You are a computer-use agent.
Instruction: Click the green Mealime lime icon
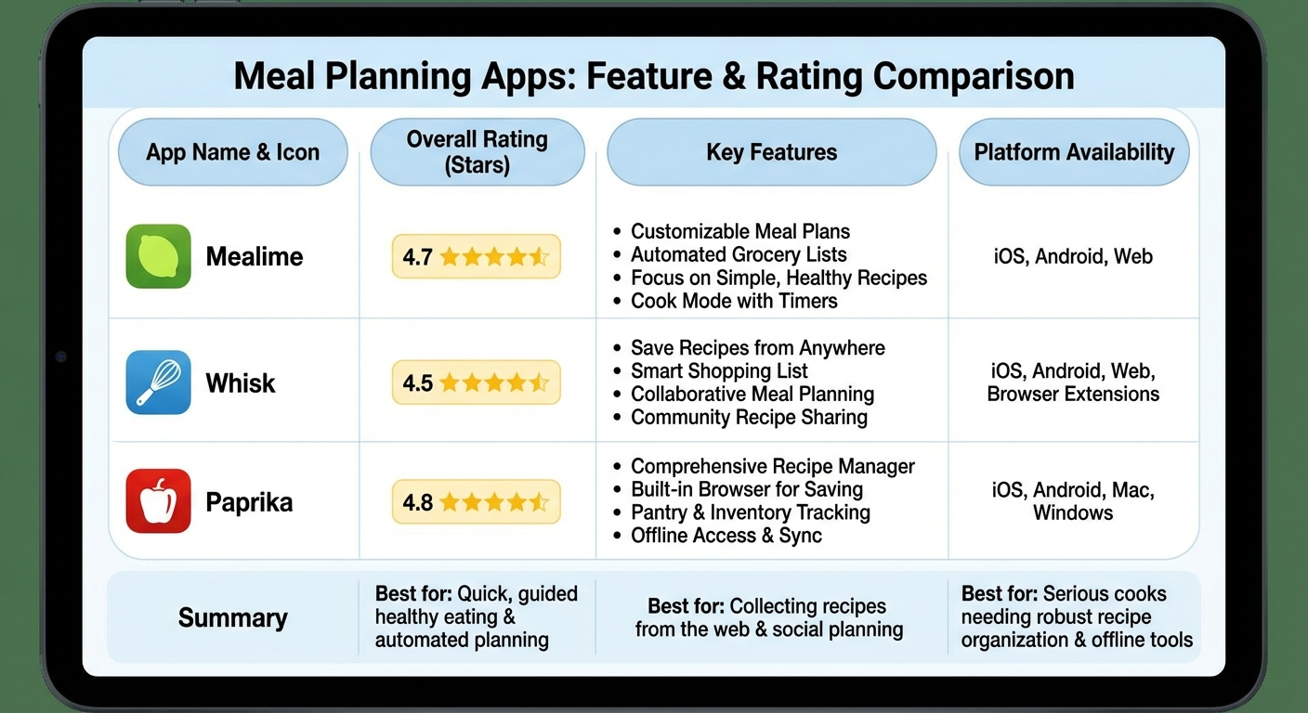coord(158,256)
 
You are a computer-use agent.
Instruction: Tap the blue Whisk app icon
coord(158,382)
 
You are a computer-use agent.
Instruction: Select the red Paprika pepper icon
coord(158,501)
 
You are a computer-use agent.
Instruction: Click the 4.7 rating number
coord(418,257)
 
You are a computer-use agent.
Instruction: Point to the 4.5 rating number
coord(418,382)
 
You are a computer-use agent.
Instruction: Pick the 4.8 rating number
coord(418,502)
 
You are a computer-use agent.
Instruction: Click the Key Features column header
coord(771,152)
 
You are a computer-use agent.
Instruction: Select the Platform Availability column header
coord(1074,152)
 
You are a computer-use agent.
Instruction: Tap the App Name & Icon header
coord(232,152)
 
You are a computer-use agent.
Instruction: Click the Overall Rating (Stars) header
coord(477,152)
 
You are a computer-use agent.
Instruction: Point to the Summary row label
coord(232,617)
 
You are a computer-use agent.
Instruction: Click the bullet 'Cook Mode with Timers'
coord(734,301)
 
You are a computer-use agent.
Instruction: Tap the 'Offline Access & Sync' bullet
coord(726,536)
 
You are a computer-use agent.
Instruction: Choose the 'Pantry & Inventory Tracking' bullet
coord(751,512)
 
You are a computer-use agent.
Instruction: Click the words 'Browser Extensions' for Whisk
coord(1073,395)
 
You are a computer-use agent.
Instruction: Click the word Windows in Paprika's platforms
coord(1073,512)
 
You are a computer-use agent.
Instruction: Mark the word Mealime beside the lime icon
coord(255,257)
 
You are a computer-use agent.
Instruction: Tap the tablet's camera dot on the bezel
coord(61,356)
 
